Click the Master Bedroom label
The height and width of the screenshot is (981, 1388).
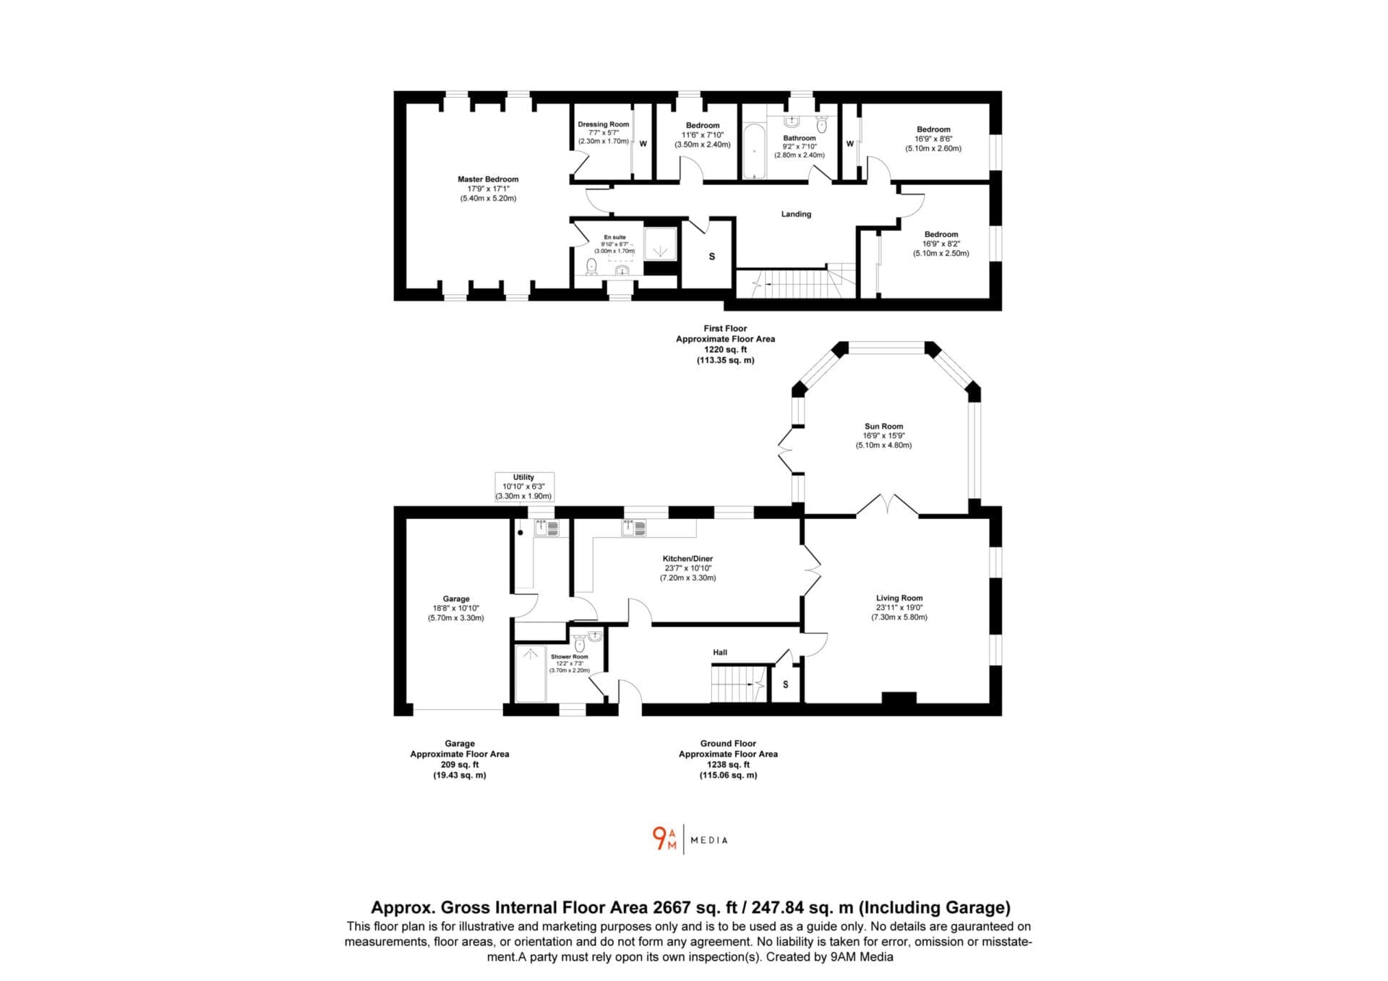[488, 179]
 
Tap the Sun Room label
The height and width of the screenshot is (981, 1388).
[883, 427]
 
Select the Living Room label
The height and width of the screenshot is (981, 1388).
[899, 598]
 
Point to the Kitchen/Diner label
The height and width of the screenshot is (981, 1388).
[687, 559]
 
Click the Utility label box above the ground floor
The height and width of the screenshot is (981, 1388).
[523, 487]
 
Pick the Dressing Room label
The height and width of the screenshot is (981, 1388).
[604, 124]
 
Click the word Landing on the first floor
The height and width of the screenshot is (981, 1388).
[796, 214]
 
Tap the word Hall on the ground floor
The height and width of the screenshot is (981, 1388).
[720, 652]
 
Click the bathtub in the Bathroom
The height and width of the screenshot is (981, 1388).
[754, 152]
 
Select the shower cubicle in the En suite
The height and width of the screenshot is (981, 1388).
[660, 243]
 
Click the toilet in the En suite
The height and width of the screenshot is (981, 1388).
[591, 267]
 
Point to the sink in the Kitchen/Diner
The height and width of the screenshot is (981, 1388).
[633, 528]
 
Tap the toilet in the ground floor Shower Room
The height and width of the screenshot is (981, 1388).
[579, 643]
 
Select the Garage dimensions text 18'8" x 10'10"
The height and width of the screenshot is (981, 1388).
[456, 609]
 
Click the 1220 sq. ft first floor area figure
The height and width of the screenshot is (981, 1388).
[725, 349]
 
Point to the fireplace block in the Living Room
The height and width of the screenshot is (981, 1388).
[899, 698]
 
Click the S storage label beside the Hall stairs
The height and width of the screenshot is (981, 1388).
[786, 684]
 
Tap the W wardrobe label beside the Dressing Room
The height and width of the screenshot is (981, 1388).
[643, 144]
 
